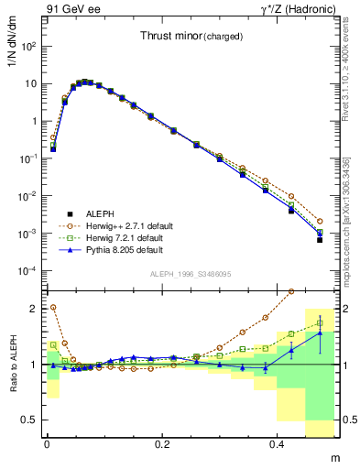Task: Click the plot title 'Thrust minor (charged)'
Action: tap(191, 37)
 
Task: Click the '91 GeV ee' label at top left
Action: tap(71, 9)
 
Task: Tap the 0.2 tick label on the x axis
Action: tap(163, 443)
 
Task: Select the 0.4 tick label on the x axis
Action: tap(279, 443)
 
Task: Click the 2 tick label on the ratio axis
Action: tap(33, 309)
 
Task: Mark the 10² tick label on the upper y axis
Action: tap(28, 46)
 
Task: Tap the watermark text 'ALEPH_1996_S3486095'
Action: tap(191, 274)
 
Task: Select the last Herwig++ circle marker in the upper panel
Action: tap(320, 221)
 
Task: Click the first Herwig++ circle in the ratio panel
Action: tap(53, 308)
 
